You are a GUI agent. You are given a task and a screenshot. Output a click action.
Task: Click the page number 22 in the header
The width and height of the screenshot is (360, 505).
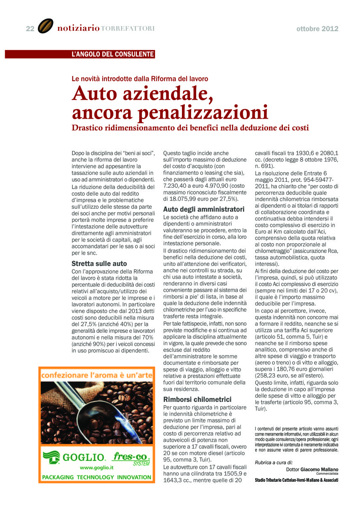coord(30,29)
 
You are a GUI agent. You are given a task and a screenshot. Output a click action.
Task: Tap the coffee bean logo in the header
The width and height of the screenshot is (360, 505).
coord(45,27)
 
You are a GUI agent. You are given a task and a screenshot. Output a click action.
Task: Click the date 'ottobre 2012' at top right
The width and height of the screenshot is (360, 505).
coord(317,29)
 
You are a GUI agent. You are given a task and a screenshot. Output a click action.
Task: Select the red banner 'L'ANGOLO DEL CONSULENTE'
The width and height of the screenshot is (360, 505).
coord(112,54)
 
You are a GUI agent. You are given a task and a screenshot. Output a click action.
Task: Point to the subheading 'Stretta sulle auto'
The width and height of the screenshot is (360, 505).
coord(99,264)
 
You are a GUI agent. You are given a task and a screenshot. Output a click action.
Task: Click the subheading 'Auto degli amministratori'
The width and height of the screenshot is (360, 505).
coord(204,209)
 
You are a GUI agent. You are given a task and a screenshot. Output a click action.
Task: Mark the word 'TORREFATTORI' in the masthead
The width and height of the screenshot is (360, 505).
coord(128,29)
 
